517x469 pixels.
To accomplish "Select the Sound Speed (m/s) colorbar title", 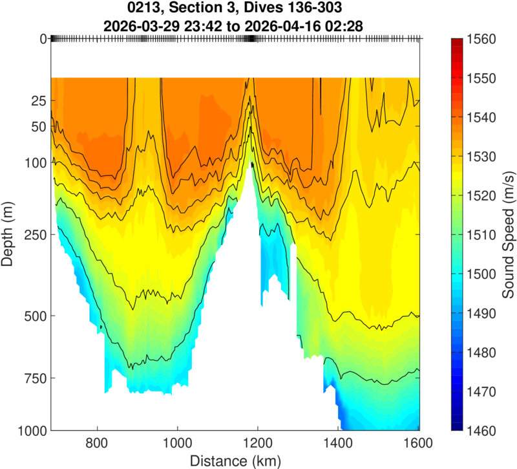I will (x=507, y=234).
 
